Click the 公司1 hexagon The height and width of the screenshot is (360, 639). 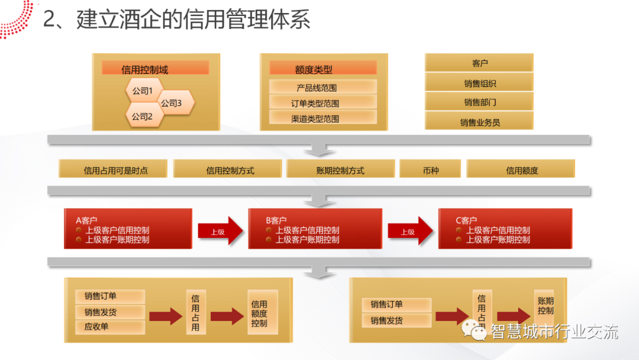point(143,91)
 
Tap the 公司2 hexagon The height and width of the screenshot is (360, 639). point(143,116)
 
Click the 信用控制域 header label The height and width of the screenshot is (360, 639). point(145,69)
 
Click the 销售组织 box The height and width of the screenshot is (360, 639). point(480,83)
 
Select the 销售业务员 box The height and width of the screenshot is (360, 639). point(480,122)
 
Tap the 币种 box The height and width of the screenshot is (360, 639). point(431,170)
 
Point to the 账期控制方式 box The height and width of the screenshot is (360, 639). point(340,170)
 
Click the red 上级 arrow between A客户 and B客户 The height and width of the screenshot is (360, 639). point(220,231)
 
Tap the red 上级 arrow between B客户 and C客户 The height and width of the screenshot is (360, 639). point(410,231)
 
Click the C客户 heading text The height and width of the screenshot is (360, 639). point(467,220)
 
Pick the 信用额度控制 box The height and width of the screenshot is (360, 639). point(259,313)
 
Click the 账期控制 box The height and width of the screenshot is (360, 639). point(546,306)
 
